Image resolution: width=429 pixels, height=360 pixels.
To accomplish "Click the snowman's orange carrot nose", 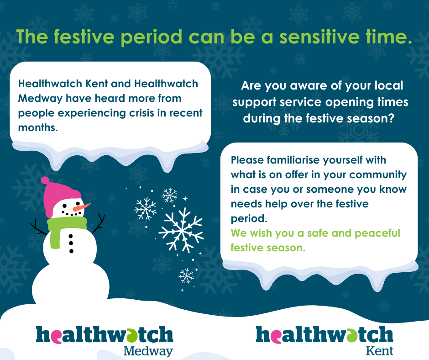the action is [81, 207].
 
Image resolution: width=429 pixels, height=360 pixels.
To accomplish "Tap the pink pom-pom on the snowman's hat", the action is [45, 180].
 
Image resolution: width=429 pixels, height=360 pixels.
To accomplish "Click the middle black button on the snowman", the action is [71, 243].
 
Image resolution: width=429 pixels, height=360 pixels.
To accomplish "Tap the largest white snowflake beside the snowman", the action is [181, 230].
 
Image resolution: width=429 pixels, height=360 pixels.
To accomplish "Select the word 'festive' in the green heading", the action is [84, 37].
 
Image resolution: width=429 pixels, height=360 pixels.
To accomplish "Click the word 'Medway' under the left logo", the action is [148, 351].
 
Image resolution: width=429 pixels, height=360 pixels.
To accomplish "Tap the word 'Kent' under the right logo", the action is [379, 351].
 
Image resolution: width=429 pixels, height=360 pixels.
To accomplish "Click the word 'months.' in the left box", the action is [38, 127].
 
